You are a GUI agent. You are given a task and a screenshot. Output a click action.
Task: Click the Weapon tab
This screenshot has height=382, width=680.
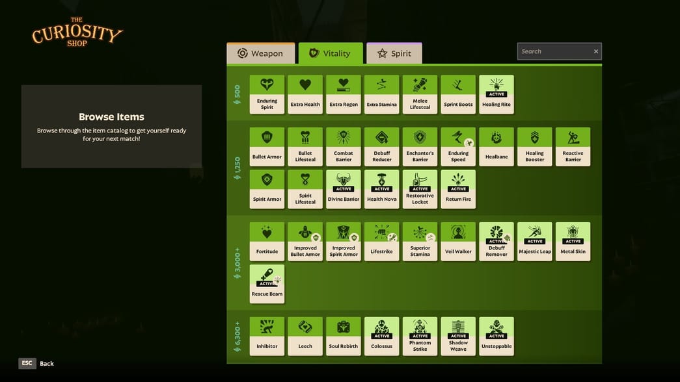point(261,53)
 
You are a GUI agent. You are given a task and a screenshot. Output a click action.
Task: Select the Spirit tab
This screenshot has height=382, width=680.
point(394,53)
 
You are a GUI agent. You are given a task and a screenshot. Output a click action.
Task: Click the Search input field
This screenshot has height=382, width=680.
point(555,51)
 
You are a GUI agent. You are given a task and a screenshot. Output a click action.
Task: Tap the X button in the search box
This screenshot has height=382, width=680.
point(596,51)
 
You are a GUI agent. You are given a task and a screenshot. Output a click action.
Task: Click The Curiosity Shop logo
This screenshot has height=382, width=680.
point(77,32)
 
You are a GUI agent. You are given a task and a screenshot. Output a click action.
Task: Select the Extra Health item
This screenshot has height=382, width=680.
point(305,94)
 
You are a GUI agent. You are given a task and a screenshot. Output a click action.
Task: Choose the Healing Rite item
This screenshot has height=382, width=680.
point(496,94)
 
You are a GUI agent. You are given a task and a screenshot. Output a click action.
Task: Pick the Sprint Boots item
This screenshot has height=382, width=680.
point(458,94)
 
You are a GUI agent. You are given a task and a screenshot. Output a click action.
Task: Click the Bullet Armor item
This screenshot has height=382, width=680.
point(267,147)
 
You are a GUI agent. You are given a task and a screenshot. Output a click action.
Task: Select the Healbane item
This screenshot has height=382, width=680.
point(496,147)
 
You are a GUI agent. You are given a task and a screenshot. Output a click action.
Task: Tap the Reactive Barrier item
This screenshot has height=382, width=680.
point(573,147)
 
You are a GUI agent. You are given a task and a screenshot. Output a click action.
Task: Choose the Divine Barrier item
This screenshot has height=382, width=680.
point(344,189)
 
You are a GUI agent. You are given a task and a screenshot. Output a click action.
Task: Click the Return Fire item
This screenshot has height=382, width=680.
point(458,189)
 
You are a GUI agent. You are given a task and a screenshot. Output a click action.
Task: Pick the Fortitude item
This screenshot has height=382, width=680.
point(267,242)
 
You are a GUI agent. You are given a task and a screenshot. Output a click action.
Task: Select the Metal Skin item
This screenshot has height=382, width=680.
point(573,242)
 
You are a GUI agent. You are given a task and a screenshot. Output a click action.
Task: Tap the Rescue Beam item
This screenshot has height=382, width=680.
point(267,284)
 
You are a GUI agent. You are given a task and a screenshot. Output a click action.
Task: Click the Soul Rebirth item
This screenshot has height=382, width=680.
point(344,337)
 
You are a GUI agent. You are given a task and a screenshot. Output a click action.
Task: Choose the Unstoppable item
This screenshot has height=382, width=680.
point(496,337)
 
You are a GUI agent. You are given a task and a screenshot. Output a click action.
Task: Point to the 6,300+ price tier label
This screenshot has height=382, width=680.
point(238,337)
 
